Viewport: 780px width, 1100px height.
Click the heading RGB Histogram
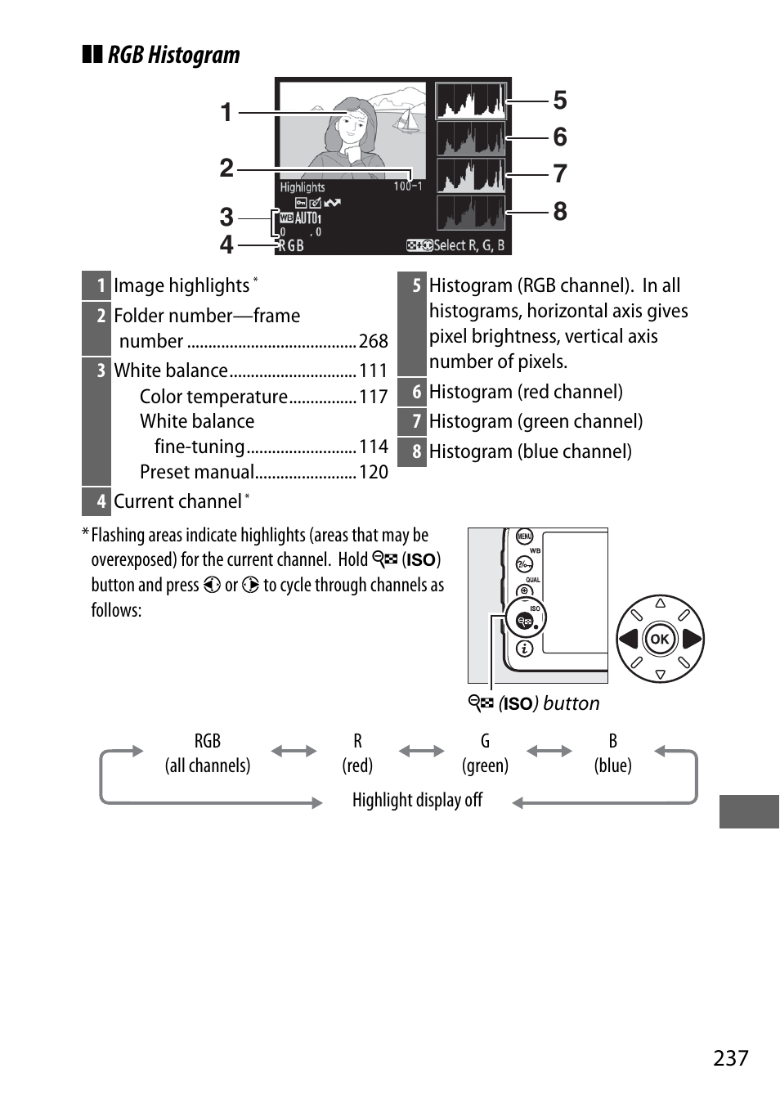coord(173,55)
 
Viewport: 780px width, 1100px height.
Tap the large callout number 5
coord(560,101)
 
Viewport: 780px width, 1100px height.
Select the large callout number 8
coord(560,212)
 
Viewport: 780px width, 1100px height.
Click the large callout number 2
coord(226,168)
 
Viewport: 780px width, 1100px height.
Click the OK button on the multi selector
coord(660,639)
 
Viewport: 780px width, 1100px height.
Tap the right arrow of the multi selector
coord(692,639)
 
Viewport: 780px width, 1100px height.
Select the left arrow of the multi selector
coord(628,639)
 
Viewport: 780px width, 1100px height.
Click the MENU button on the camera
coord(524,537)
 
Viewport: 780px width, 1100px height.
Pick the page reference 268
coord(373,341)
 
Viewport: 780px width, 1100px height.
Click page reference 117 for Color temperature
coord(373,397)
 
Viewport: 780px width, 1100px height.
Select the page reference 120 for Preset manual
coord(373,472)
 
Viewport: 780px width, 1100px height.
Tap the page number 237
coord(730,1058)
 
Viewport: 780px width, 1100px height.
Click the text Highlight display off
coord(417,800)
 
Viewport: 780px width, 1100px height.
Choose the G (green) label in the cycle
coord(485,753)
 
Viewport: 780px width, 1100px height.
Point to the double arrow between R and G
coord(421,751)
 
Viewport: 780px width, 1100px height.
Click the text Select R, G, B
coord(468,245)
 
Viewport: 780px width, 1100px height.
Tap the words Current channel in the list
coord(177,501)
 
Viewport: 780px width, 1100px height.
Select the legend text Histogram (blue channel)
coord(530,451)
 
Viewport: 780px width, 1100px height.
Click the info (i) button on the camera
coord(525,649)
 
